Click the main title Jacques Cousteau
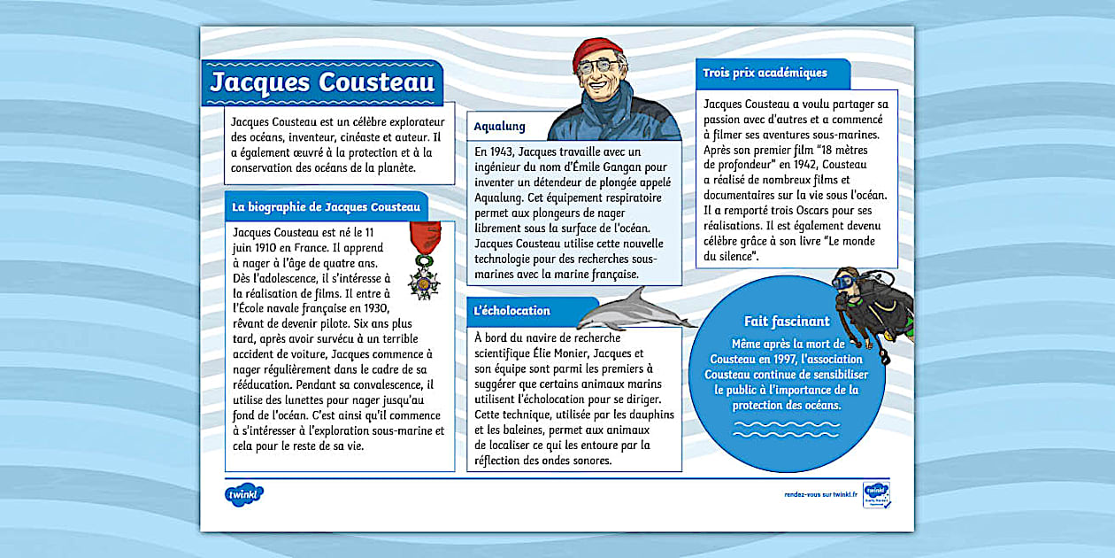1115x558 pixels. click(x=322, y=82)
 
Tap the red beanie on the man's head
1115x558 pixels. click(x=597, y=52)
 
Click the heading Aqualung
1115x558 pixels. click(x=499, y=127)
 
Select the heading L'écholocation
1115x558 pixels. click(x=511, y=311)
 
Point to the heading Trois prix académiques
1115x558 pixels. click(x=765, y=74)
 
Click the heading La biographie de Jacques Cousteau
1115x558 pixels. click(x=326, y=207)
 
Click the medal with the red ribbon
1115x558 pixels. click(x=424, y=262)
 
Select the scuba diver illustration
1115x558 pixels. click(x=874, y=304)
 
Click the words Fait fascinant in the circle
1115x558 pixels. click(x=787, y=322)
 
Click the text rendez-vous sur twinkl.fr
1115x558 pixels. click(x=820, y=494)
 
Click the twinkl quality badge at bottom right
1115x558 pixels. click(x=876, y=494)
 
